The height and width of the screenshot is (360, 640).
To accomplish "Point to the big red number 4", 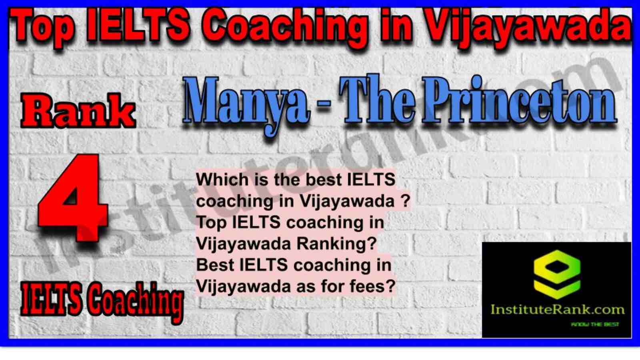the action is click(74, 198).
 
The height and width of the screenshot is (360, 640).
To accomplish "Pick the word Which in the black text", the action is click(222, 180).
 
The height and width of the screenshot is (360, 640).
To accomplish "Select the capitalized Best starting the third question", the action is click(215, 265).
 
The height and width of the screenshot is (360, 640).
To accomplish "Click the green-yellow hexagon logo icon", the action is click(557, 274).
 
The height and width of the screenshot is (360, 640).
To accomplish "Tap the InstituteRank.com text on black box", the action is click(558, 310).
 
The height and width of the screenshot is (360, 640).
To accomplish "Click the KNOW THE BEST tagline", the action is click(595, 324).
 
